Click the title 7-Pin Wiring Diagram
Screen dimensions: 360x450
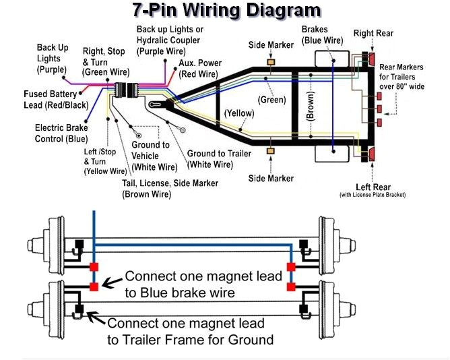225,11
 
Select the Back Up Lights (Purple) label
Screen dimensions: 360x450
53,59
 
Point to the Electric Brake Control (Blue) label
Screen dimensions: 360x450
61,133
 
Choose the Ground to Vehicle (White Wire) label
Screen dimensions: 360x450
154,156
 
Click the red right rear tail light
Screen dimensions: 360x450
372,59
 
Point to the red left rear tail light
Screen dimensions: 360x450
372,154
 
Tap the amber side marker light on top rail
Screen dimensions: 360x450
271,63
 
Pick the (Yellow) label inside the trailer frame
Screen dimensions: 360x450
238,113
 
